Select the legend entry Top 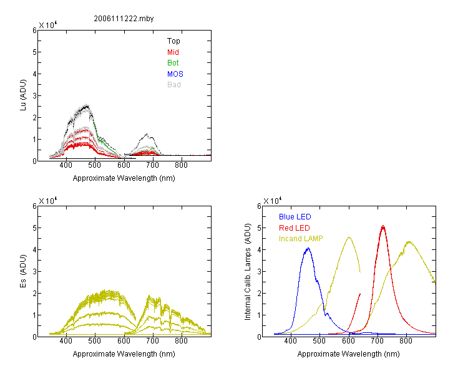click(x=173, y=41)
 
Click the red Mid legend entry click(x=173, y=52)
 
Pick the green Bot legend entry click(x=173, y=63)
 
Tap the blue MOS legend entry click(x=175, y=74)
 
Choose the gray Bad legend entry click(x=173, y=85)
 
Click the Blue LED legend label click(x=295, y=217)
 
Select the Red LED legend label click(x=295, y=228)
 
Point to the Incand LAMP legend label click(x=302, y=238)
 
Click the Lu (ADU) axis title click(x=24, y=95)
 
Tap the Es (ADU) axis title click(x=24, y=271)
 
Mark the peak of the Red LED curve click(x=383, y=226)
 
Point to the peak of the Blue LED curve click(x=308, y=248)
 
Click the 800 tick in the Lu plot click(x=182, y=166)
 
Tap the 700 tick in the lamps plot click(x=378, y=342)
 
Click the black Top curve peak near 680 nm click(x=147, y=134)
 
